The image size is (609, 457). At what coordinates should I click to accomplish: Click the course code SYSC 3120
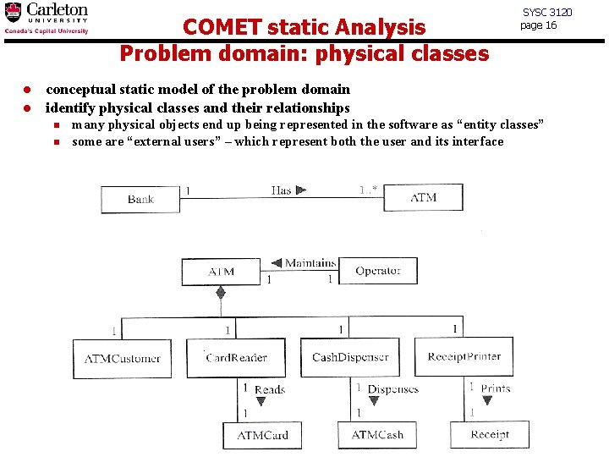[x=547, y=12]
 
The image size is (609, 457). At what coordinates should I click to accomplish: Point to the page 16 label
[x=538, y=25]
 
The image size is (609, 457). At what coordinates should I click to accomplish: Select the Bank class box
[x=140, y=199]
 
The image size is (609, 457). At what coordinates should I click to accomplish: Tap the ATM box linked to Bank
[x=423, y=197]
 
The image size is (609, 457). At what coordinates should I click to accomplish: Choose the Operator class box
[x=377, y=271]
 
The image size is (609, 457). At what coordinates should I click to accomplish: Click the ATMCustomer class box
[x=122, y=358]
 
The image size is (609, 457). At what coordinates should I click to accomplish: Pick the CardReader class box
[x=237, y=357]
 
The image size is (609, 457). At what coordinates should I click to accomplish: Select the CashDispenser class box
[x=350, y=357]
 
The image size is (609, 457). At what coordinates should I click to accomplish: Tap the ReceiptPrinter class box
[x=464, y=356]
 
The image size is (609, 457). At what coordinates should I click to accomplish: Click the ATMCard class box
[x=262, y=435]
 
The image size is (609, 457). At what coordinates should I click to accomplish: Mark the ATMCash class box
[x=377, y=435]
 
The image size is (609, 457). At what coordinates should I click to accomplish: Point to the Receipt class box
[x=490, y=435]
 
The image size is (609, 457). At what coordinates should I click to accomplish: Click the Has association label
[x=281, y=190]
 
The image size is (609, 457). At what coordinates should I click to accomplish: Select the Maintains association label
[x=310, y=263]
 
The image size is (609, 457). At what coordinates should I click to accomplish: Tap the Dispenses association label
[x=392, y=389]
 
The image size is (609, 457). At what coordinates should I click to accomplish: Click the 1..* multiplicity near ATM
[x=368, y=190]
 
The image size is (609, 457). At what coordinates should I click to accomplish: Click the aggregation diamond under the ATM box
[x=221, y=293]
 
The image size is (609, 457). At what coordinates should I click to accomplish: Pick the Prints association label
[x=495, y=388]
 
